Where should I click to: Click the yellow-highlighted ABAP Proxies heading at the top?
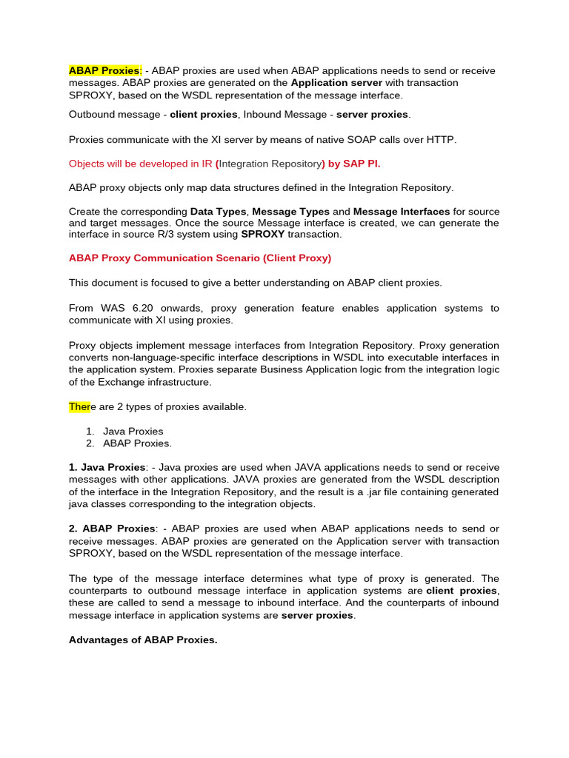tap(104, 70)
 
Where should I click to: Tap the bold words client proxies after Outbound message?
tap(204, 115)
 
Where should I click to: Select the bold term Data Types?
tap(218, 211)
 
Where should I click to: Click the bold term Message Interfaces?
tap(401, 211)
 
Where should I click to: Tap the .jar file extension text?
tap(409, 492)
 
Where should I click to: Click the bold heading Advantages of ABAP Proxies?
tap(143, 640)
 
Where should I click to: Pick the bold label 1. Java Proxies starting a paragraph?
tap(107, 467)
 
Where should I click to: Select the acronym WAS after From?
tap(110, 308)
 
